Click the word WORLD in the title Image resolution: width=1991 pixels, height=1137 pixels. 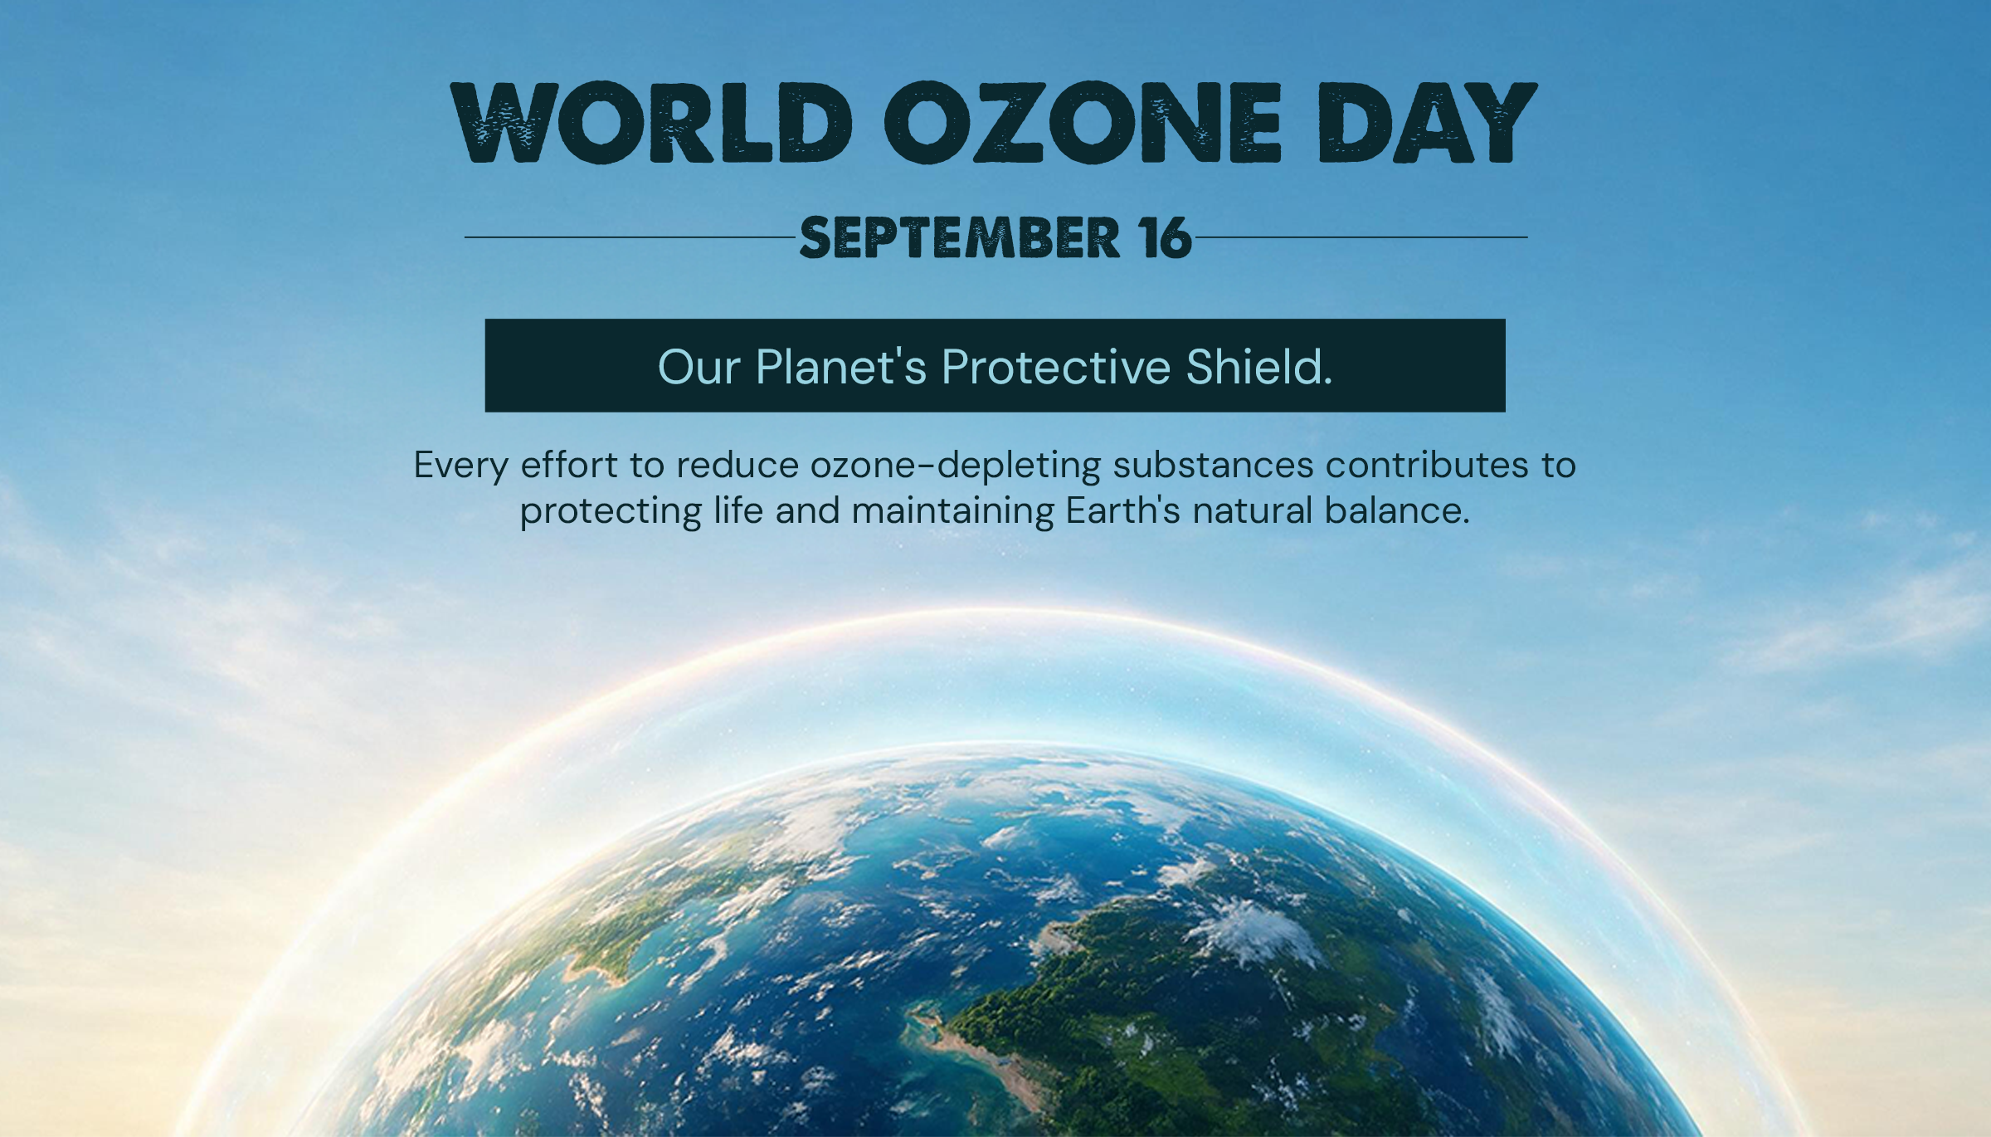click(652, 122)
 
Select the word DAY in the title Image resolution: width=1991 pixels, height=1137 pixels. click(1428, 122)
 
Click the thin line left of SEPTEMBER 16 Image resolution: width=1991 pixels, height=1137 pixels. click(630, 237)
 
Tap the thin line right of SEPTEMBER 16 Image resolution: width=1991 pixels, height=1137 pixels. click(1361, 237)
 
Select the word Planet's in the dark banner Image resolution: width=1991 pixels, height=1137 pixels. click(840, 368)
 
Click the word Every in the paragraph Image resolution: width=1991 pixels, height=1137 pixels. click(460, 466)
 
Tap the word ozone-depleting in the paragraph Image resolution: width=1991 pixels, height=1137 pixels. click(955, 466)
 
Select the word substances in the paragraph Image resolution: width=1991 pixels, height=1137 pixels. click(1213, 465)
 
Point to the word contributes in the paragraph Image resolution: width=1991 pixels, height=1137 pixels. click(1427, 465)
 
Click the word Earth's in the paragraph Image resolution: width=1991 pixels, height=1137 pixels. click(1122, 510)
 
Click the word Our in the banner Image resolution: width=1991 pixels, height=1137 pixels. click(699, 368)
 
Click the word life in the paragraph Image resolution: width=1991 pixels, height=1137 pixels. click(738, 510)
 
